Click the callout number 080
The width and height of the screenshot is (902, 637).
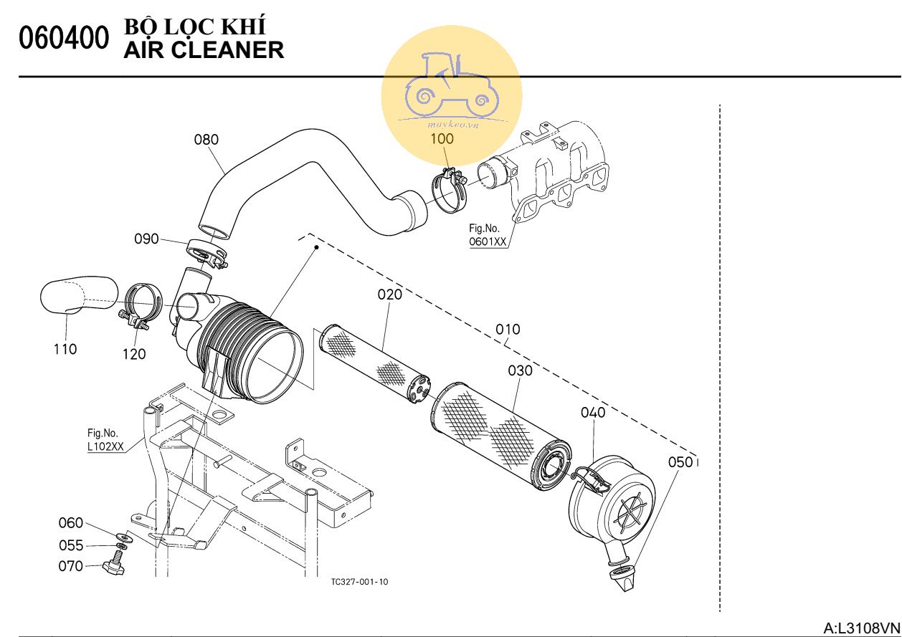tap(206, 140)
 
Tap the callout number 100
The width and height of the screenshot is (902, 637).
tap(442, 138)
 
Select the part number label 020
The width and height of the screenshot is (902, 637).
tap(389, 294)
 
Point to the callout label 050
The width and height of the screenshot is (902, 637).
tap(680, 462)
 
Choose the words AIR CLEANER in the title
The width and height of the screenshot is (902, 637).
tap(204, 49)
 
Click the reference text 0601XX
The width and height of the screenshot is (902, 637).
tap(488, 242)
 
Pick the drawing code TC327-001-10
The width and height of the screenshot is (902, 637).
tap(360, 582)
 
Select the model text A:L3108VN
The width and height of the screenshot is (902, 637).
tap(860, 628)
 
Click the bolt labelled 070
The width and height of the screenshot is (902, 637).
tap(113, 567)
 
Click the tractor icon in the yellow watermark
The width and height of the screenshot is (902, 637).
tap(451, 84)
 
